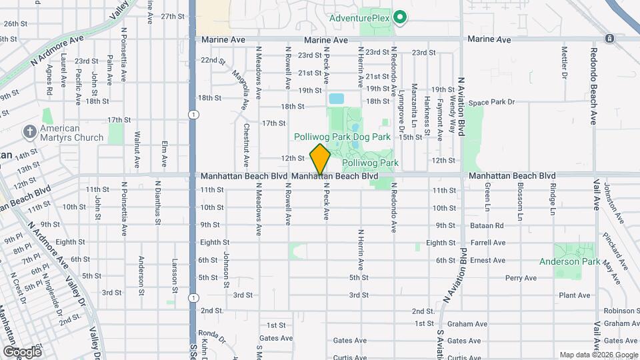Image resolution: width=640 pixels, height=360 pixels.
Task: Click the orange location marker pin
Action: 321,159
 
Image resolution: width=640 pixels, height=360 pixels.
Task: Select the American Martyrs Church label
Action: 72,133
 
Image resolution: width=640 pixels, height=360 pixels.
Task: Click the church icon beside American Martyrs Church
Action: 29,131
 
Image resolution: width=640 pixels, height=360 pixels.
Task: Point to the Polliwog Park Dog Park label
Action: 342,137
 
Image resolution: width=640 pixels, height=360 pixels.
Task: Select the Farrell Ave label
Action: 488,243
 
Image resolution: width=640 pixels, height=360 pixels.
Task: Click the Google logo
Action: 22,351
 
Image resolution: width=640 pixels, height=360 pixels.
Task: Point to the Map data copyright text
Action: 597,355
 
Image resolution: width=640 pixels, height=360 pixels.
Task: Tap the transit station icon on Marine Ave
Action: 609,39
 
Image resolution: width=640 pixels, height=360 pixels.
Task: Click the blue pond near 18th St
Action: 336,99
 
